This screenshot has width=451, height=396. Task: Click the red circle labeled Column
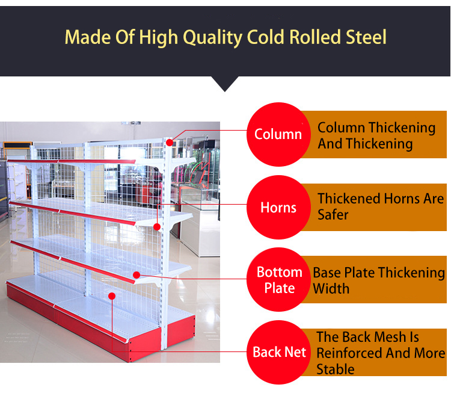[x=277, y=134]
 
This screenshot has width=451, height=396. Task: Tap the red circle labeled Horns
[x=278, y=208]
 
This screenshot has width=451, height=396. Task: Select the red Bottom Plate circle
[x=279, y=280]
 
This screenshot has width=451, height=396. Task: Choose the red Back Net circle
[x=279, y=352]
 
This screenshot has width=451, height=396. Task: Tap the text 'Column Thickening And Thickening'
[x=376, y=135]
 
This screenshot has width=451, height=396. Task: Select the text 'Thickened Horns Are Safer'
[x=380, y=206]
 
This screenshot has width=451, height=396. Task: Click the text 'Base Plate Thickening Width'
[x=378, y=280]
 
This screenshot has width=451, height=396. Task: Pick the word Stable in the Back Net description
[x=336, y=368]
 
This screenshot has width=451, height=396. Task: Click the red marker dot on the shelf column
[x=170, y=143]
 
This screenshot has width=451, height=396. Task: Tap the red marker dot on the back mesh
[x=112, y=295]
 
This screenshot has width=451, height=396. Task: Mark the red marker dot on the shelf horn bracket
[x=157, y=227]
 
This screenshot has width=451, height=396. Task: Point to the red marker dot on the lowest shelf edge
[x=137, y=275]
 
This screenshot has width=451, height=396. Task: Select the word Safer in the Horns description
[x=333, y=214]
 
